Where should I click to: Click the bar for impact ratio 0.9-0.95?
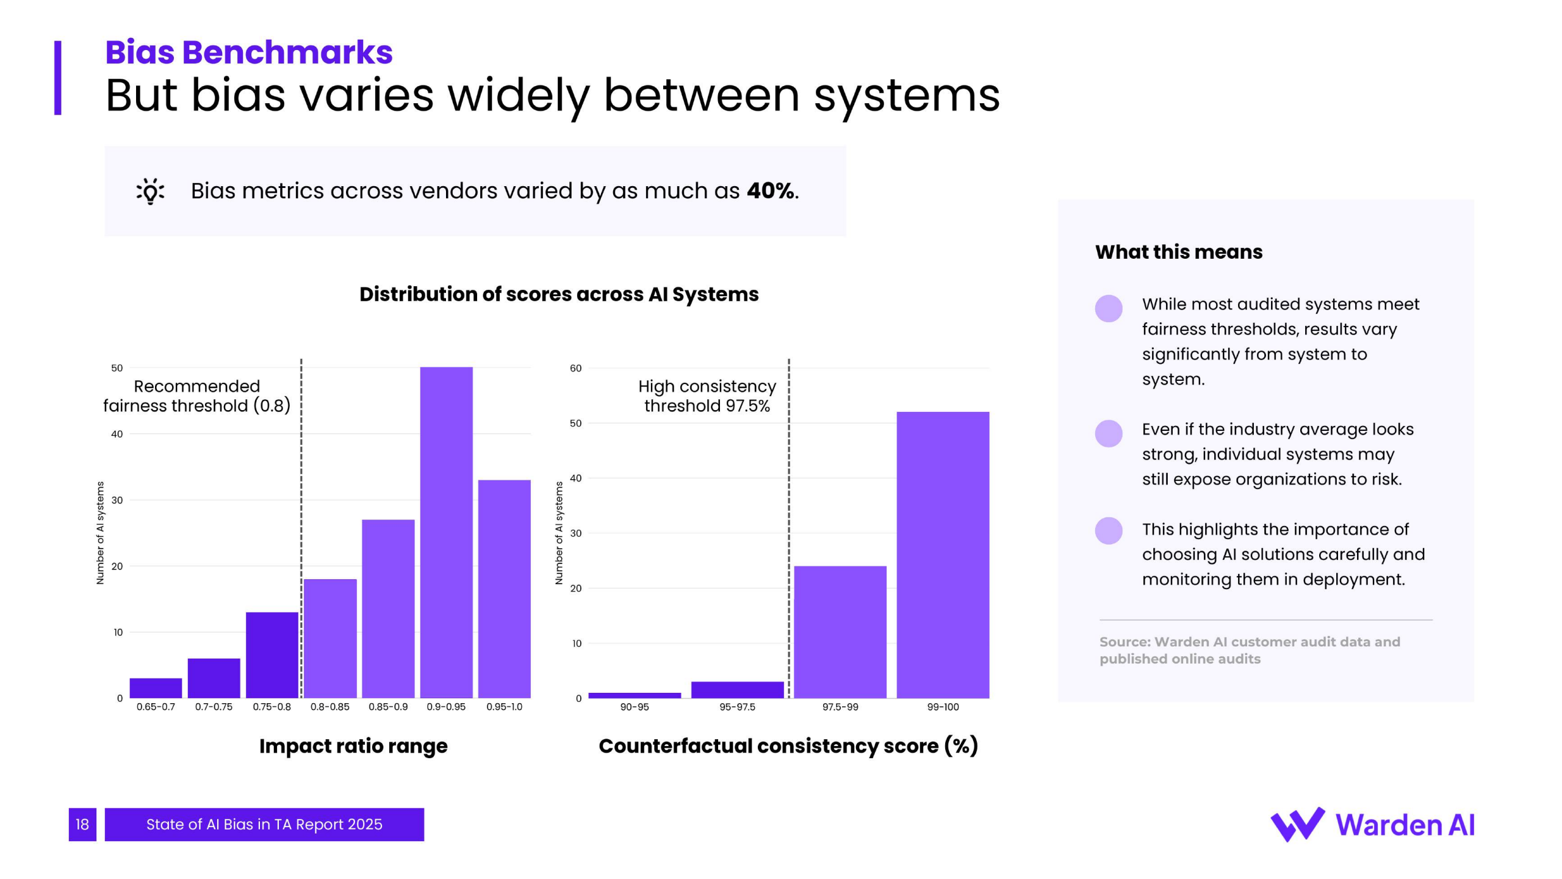click(446, 532)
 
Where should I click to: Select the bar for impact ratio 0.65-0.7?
click(156, 688)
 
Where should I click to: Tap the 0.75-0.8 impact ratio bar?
click(272, 655)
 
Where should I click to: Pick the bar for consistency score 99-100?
click(943, 555)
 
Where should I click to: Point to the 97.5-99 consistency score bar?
click(840, 632)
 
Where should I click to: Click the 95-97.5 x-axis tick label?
click(737, 707)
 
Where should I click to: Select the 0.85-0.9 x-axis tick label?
click(388, 707)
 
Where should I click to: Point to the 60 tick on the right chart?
click(575, 368)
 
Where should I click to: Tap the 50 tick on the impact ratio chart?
click(117, 368)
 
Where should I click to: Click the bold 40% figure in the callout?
click(771, 191)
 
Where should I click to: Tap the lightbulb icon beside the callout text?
click(150, 192)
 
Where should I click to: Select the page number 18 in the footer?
click(82, 825)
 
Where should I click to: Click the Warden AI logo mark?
click(1297, 825)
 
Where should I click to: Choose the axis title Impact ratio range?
click(353, 746)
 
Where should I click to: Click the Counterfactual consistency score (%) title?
click(788, 746)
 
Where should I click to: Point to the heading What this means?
click(1178, 252)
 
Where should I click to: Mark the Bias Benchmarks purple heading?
click(249, 52)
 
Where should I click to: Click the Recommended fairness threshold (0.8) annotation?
click(196, 396)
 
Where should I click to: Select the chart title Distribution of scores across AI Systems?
click(559, 294)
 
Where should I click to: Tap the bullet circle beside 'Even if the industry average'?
click(1109, 433)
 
